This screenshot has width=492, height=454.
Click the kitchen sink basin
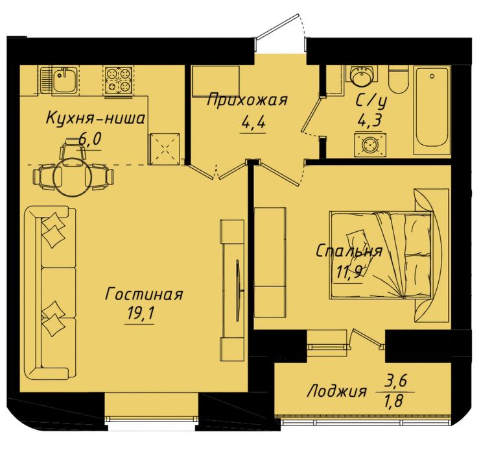[64, 80]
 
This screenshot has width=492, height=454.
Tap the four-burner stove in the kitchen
[118, 80]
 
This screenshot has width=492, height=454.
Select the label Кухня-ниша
[95, 119]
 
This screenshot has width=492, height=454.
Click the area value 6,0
[90, 138]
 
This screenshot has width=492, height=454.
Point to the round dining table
[73, 176]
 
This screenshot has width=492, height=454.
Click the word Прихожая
[248, 100]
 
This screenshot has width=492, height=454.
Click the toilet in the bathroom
[399, 79]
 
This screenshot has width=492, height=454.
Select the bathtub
[432, 110]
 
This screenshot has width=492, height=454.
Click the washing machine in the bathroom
[370, 145]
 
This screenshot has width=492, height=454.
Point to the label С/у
[371, 101]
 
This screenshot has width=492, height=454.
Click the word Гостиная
[144, 295]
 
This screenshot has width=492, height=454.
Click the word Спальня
[349, 251]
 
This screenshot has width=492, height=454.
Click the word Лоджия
[337, 392]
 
